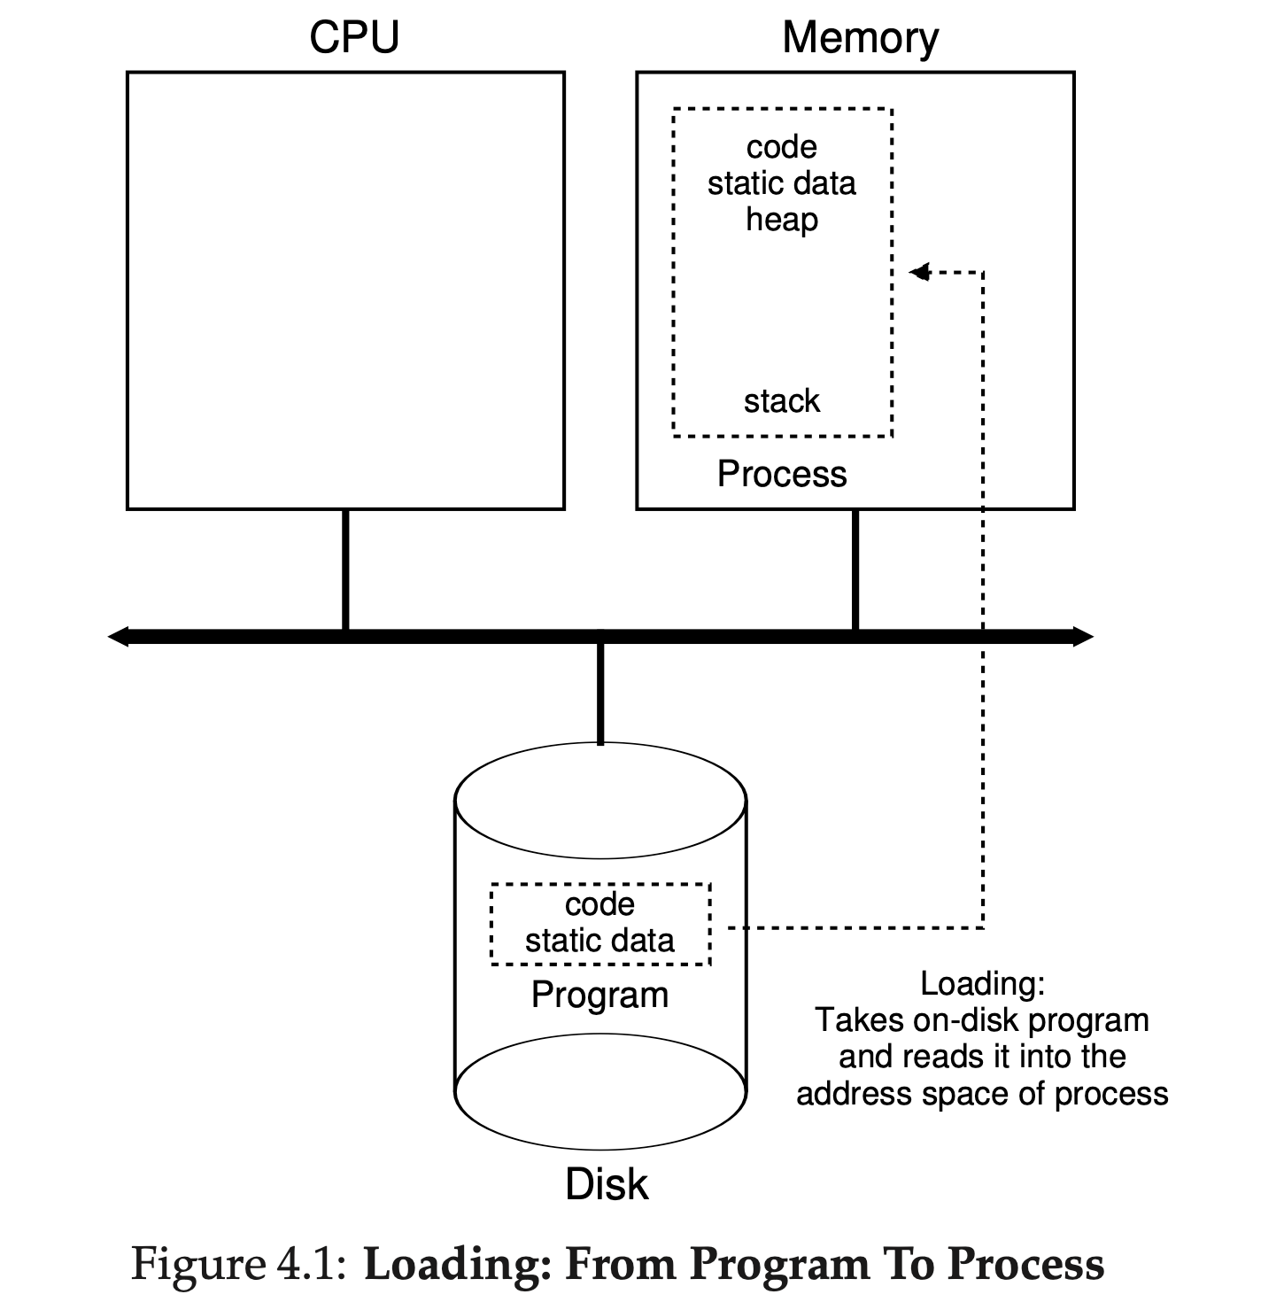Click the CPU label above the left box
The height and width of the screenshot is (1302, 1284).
(x=354, y=37)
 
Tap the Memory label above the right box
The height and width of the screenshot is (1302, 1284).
(x=860, y=38)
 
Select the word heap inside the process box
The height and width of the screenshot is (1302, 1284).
(x=781, y=219)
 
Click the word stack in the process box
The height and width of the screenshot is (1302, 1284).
(x=781, y=401)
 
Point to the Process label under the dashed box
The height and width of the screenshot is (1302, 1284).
(x=781, y=474)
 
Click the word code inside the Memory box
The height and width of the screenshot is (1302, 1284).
(x=781, y=146)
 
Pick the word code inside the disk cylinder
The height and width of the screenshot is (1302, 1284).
(x=599, y=904)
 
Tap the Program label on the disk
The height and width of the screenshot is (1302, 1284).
(x=599, y=995)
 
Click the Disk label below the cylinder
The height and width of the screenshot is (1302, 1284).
(x=607, y=1184)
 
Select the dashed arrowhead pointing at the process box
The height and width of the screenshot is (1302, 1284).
(x=919, y=272)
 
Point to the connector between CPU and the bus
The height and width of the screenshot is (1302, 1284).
(x=345, y=570)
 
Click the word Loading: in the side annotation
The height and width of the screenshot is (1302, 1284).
(x=982, y=983)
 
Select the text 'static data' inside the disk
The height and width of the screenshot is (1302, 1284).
(x=599, y=940)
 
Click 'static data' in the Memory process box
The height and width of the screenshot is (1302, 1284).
(x=781, y=183)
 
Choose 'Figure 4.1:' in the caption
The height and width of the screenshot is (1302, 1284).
(x=239, y=1263)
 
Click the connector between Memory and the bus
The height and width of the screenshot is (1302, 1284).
(x=855, y=570)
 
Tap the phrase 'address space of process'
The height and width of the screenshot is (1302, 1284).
(x=982, y=1094)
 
